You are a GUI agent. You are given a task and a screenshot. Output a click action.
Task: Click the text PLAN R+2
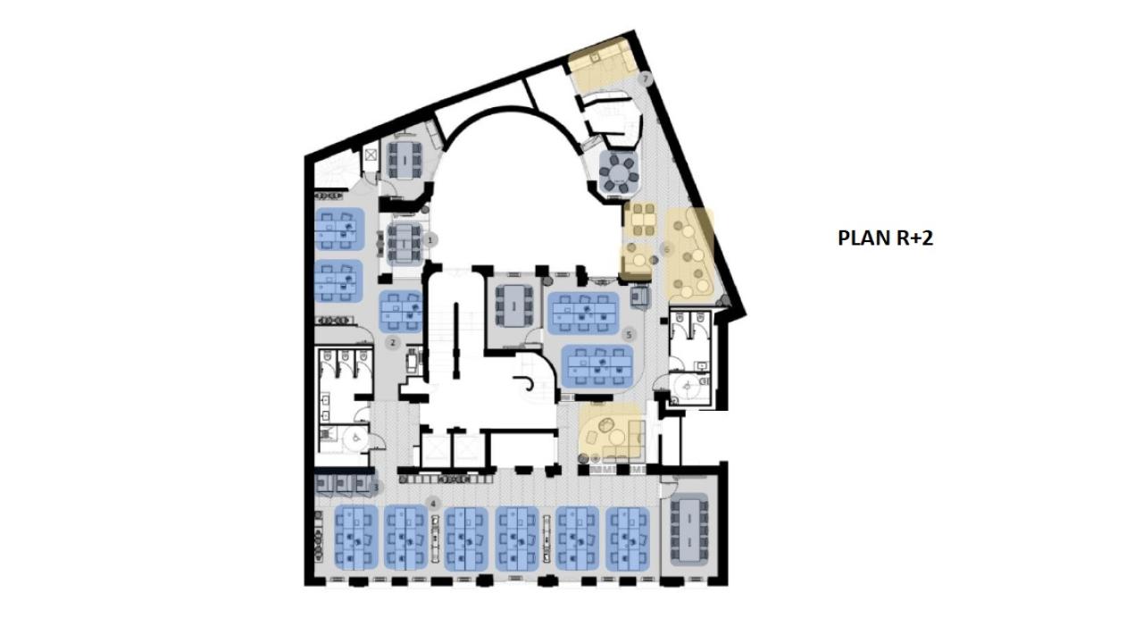point(885,238)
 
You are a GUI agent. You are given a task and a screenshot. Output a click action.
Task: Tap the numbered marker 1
point(430,239)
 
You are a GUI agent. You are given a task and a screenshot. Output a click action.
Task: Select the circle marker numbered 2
point(392,342)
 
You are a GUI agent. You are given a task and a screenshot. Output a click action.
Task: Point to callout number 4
point(433,503)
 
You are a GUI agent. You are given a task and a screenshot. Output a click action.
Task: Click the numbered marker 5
point(630,335)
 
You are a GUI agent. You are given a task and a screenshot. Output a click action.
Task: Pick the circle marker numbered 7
point(647,79)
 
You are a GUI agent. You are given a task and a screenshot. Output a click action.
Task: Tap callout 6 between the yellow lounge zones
point(665,248)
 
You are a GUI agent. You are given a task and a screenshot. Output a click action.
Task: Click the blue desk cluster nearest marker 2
point(401,310)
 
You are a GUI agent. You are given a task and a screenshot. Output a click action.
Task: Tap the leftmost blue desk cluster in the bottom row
point(356,538)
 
